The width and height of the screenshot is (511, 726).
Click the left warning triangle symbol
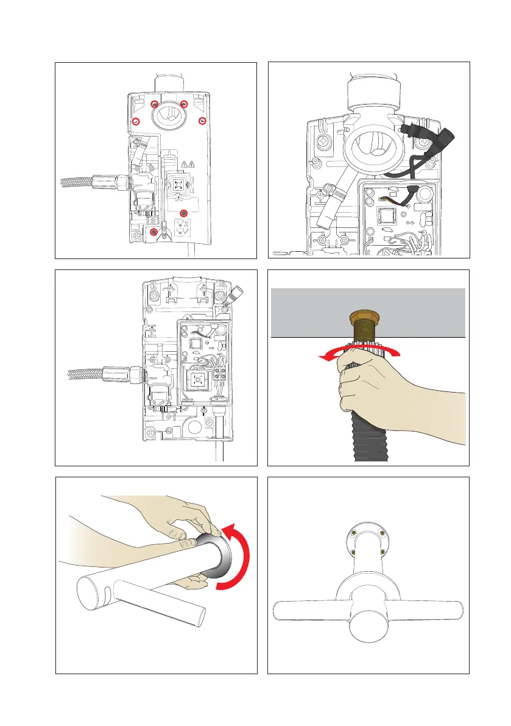click(x=185, y=163)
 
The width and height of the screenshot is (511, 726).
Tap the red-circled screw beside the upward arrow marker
click(x=154, y=232)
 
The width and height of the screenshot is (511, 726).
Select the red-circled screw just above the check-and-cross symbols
click(x=184, y=212)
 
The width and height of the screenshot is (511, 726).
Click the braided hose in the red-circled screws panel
click(x=76, y=181)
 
